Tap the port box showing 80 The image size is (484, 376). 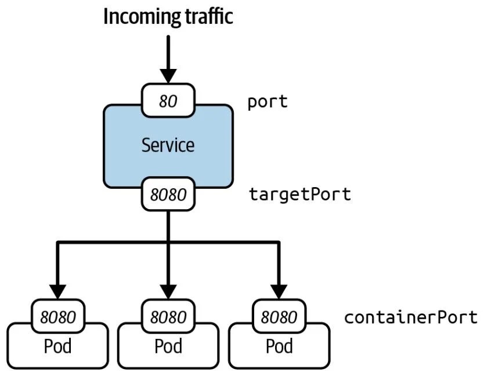168,101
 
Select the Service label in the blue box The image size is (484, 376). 168,144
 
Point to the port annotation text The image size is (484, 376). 268,102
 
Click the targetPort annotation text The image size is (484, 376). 300,194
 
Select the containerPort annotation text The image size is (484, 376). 411,317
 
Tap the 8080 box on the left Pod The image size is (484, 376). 57,317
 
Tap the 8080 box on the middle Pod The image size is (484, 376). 168,317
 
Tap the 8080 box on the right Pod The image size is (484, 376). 279,317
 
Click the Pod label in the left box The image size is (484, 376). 57,346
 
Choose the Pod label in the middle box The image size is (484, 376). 168,346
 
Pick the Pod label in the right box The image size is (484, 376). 279,346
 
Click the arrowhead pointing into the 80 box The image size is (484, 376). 168,75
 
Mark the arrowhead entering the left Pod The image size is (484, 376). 57,291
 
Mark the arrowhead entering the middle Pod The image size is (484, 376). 168,291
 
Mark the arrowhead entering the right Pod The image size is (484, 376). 279,291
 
